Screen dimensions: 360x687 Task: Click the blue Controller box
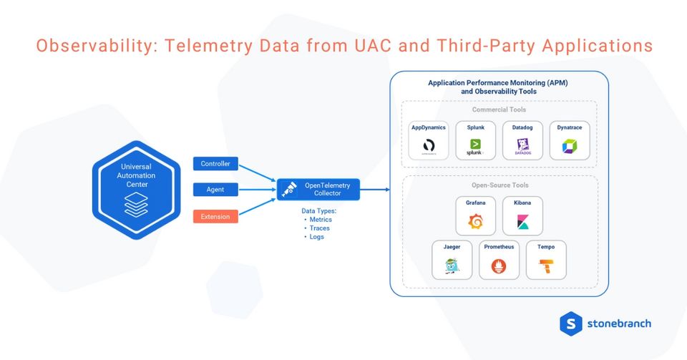click(x=215, y=164)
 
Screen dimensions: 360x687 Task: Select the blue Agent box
click(x=215, y=190)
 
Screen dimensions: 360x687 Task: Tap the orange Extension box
click(x=215, y=215)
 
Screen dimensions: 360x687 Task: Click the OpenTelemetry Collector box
click(x=318, y=190)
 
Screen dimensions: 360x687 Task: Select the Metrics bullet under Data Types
click(x=320, y=220)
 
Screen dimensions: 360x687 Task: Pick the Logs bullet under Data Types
click(x=316, y=237)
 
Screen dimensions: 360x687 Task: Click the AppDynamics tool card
click(x=429, y=140)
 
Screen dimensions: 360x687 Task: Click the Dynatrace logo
click(x=570, y=147)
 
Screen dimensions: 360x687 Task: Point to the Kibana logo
click(x=522, y=223)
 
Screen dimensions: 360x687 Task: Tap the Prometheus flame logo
click(x=499, y=268)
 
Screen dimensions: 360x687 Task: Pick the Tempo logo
click(x=546, y=268)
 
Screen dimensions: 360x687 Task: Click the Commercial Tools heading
click(x=499, y=110)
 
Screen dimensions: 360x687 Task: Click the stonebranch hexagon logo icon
click(x=570, y=323)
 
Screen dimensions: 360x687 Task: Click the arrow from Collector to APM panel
click(x=375, y=190)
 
